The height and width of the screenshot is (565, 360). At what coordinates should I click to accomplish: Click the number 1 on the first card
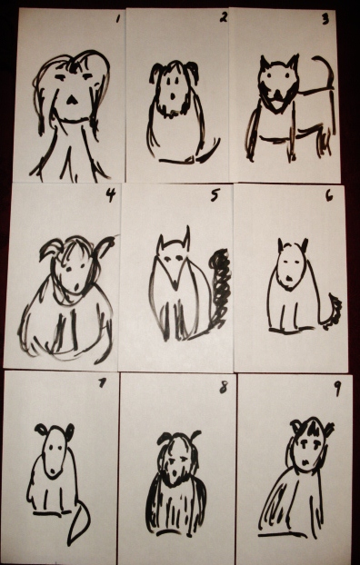117,19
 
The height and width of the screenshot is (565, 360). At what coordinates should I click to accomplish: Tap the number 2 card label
224,17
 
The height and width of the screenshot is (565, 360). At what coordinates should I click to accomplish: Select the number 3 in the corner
325,19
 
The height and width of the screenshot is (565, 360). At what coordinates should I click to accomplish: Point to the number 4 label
111,195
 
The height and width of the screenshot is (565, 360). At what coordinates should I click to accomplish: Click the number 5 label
215,195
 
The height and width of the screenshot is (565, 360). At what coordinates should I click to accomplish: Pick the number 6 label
329,196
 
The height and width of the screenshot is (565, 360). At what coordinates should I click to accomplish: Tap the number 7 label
103,383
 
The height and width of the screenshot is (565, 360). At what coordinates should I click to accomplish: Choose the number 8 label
224,388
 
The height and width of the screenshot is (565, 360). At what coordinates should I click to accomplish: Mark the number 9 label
337,389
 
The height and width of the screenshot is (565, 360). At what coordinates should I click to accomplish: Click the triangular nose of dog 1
72,100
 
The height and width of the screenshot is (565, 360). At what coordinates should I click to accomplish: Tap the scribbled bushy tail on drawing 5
221,288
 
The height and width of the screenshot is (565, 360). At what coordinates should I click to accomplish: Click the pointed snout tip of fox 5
175,287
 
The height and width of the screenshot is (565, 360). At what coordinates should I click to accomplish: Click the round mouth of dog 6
289,278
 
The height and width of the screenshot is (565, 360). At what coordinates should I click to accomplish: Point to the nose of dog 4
77,287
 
